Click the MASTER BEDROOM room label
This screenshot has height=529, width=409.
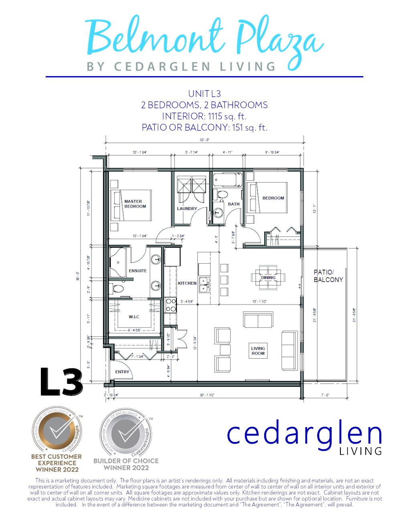pyautogui.click(x=135, y=204)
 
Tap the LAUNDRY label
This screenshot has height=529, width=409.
pyautogui.click(x=187, y=208)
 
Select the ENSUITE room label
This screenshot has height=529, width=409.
pyautogui.click(x=138, y=271)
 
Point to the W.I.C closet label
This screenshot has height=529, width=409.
pyautogui.click(x=134, y=317)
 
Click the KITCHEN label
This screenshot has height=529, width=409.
pyautogui.click(x=187, y=283)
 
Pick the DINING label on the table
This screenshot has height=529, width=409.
pyautogui.click(x=268, y=277)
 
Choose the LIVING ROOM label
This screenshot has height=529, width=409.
pyautogui.click(x=258, y=351)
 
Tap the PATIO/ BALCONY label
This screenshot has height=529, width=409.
pyautogui.click(x=328, y=276)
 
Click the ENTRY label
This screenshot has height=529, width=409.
pyautogui.click(x=122, y=372)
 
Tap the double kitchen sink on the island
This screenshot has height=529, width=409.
pyautogui.click(x=204, y=284)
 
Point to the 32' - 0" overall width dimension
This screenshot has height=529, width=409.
pyautogui.click(x=204, y=140)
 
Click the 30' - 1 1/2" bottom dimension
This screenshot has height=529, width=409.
pyautogui.click(x=207, y=395)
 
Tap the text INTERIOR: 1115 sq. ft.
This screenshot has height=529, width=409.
pyautogui.click(x=204, y=116)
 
